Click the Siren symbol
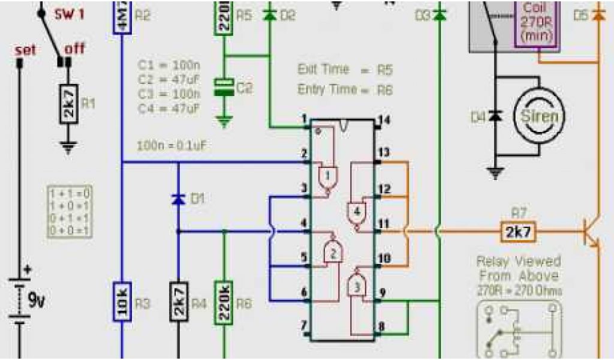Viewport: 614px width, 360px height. [x=540, y=116]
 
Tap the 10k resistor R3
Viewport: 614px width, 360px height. [x=122, y=305]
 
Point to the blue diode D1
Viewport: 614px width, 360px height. [x=178, y=199]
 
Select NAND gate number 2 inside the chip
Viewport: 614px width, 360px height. [x=333, y=253]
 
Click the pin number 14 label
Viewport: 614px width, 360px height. [x=384, y=120]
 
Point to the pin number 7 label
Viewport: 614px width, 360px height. [x=304, y=325]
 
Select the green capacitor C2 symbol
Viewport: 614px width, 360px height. [x=224, y=88]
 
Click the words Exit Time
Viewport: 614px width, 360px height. [x=323, y=70]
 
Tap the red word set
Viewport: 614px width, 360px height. [x=25, y=50]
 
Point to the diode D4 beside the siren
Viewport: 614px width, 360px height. [x=495, y=116]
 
